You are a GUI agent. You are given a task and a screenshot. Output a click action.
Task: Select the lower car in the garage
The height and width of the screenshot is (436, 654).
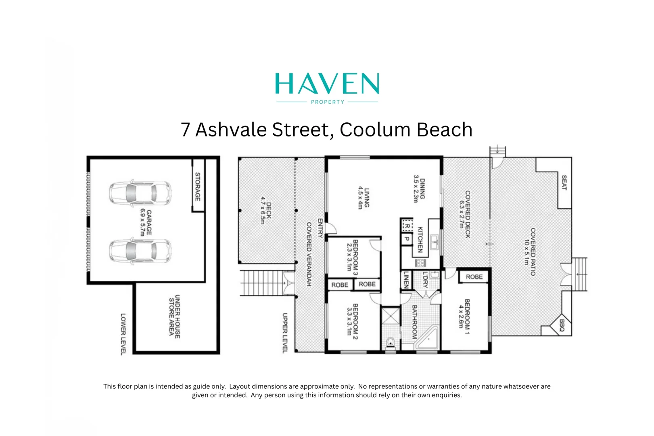tap(140, 251)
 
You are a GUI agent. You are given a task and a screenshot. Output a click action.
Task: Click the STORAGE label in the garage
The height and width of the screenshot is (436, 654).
tap(198, 187)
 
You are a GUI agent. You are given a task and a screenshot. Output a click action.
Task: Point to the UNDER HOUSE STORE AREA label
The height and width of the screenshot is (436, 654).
tap(175, 317)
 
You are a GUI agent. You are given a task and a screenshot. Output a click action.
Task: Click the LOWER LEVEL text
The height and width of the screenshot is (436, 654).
tap(123, 334)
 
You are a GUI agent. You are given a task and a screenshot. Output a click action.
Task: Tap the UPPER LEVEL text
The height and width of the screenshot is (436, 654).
tap(284, 333)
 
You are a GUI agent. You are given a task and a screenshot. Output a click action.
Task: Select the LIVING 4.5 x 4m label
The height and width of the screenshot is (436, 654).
tap(364, 198)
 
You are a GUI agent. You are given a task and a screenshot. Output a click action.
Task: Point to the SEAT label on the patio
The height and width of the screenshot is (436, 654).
tap(564, 182)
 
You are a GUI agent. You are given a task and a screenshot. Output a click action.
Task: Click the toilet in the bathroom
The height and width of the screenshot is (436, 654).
tap(390, 343)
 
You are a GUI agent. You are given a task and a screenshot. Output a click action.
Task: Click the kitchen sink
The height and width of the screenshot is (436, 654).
tap(435, 242)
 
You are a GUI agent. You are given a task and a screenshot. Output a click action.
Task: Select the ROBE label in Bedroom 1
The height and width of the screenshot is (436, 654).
tap(474, 277)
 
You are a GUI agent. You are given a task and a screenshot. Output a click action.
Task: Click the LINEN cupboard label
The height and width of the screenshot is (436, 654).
tap(406, 279)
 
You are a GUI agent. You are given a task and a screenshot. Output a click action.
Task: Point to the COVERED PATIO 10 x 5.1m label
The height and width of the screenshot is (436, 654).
tap(530, 252)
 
